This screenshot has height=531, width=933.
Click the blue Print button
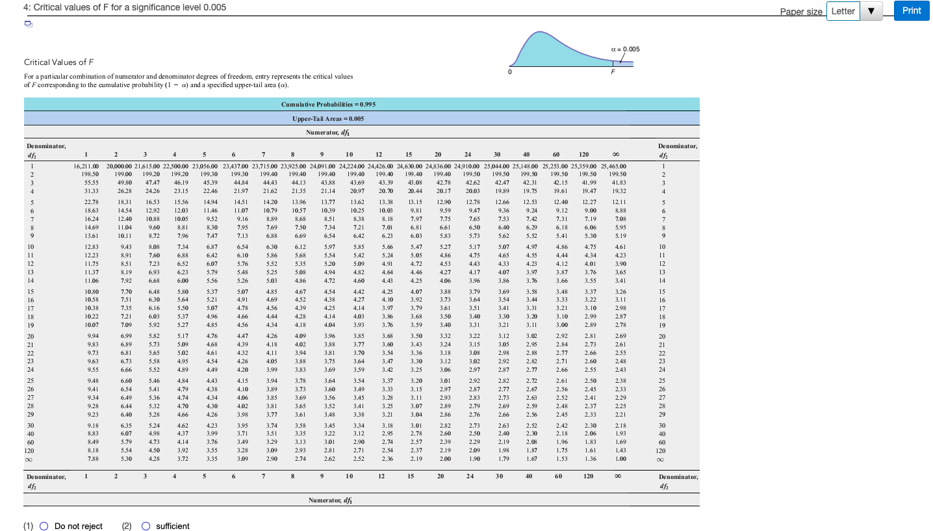[912, 10]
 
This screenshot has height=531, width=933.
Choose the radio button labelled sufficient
[146, 526]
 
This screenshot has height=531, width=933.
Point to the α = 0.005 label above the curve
[626, 49]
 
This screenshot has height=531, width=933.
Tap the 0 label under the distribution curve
[511, 72]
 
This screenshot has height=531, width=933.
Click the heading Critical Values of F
[59, 62]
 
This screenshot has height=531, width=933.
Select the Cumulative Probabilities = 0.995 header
[328, 104]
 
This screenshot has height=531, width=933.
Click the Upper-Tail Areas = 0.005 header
[328, 119]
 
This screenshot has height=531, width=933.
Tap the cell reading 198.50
[91, 175]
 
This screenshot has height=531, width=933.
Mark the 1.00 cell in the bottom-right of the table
[620, 458]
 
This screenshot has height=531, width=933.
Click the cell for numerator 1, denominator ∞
[90, 458]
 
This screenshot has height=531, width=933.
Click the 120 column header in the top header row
[583, 155]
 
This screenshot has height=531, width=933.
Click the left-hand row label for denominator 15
[31, 292]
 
